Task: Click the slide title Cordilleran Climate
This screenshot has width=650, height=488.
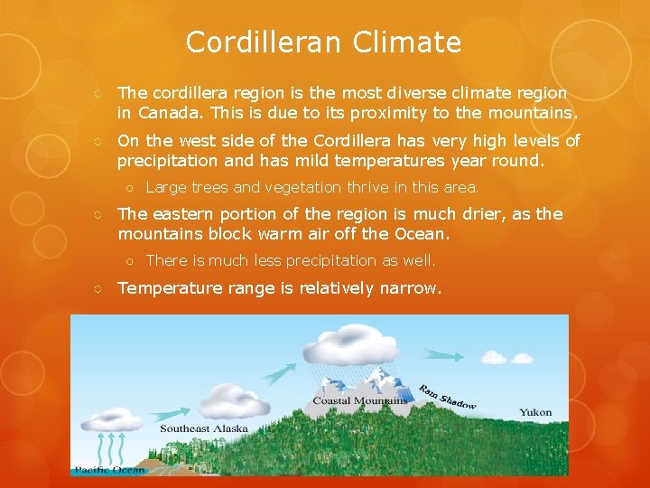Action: pyautogui.click(x=323, y=42)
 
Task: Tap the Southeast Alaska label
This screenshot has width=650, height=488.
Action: pyautogui.click(x=203, y=427)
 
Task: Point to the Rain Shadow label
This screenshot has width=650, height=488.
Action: pyautogui.click(x=447, y=397)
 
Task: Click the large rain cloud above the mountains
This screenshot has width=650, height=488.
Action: pyautogui.click(x=346, y=346)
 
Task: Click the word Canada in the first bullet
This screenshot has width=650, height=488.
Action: pyautogui.click(x=168, y=112)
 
